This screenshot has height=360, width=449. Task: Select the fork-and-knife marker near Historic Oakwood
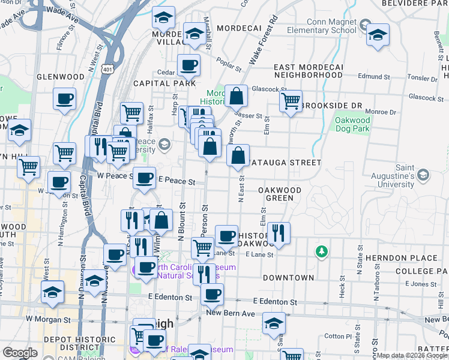pos(279,232)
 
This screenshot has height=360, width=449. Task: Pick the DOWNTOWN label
pos(288,278)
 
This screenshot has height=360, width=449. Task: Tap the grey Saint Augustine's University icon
pos(424,175)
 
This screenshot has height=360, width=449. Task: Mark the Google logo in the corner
pos(20,352)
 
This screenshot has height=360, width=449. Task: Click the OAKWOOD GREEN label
pos(280,193)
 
